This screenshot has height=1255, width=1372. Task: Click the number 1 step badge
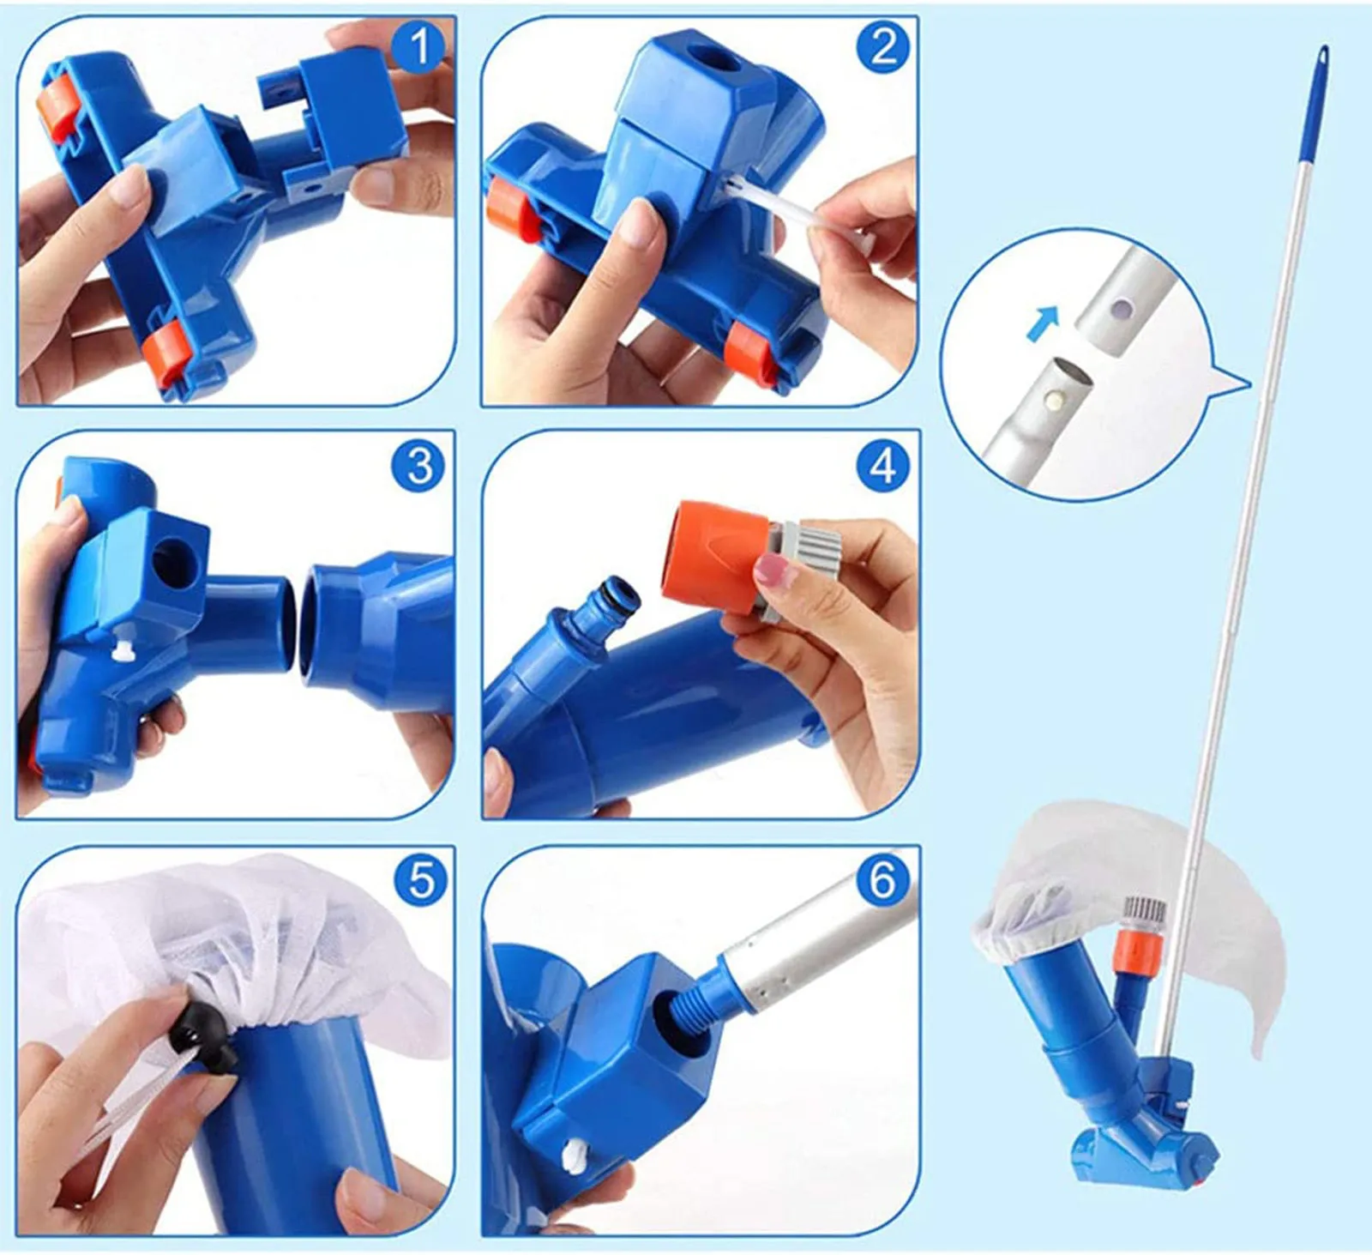coord(419,47)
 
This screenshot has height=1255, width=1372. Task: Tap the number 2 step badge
coord(882,47)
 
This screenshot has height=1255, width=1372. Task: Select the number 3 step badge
coord(419,465)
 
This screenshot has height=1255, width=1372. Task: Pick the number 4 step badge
coord(882,465)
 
